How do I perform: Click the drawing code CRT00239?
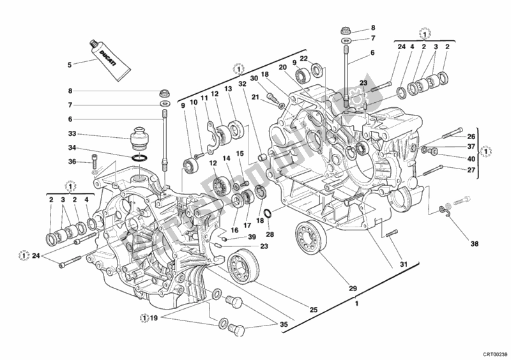[x=494, y=352]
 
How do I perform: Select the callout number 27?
[x=471, y=169]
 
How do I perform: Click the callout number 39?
[x=252, y=237]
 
